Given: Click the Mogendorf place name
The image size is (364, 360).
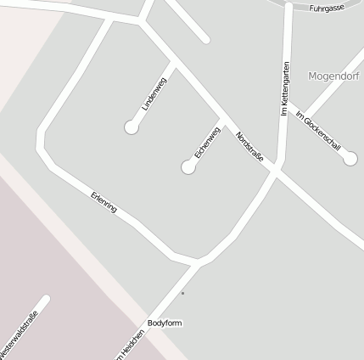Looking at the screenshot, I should coord(334,75).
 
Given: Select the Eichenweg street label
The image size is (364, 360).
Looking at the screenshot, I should coord(207,143).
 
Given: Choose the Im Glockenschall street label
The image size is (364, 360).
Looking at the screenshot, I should coord(318,130).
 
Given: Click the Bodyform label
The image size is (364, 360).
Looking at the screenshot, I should coord(165,323).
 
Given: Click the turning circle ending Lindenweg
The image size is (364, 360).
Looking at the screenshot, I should coord(132,127).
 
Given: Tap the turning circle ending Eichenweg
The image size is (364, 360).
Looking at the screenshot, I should coord(188,167).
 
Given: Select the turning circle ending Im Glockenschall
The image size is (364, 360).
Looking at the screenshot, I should coord(351,158).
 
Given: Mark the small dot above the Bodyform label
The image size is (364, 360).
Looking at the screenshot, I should coord(182,294).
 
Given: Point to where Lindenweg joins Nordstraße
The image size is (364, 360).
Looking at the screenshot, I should coord(175,63).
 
